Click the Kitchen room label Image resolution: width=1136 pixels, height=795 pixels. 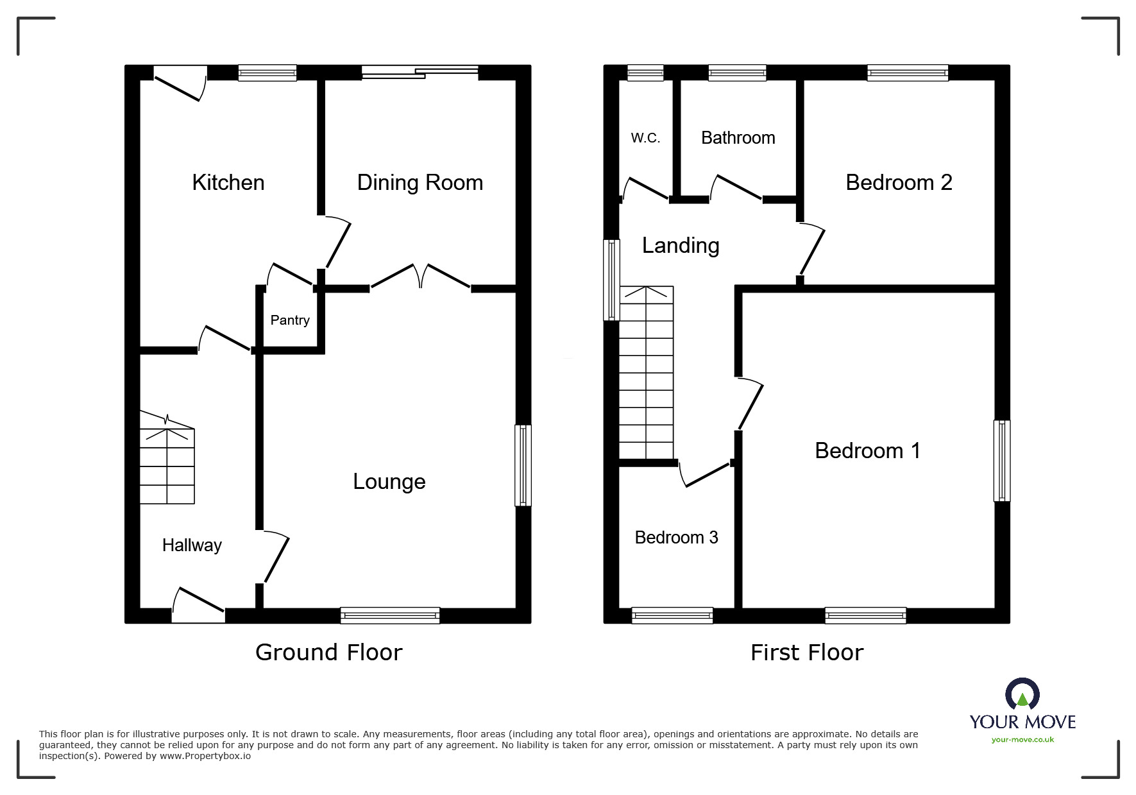click(228, 183)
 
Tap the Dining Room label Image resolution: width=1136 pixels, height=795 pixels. click(420, 183)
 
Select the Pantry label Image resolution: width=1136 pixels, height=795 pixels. click(289, 320)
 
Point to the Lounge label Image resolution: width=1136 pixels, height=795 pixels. click(389, 482)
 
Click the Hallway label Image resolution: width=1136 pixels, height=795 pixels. click(191, 545)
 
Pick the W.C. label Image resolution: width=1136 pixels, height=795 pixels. click(645, 138)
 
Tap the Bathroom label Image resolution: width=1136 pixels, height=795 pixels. click(738, 138)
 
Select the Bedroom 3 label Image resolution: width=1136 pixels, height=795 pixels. click(676, 538)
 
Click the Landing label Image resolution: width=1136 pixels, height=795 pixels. click(680, 246)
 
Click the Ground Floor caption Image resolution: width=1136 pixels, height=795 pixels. click(328, 653)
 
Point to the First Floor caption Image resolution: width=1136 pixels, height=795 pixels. click(806, 653)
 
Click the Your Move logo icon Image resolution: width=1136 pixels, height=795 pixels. click(1022, 696)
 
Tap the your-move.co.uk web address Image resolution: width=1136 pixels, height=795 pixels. click(1022, 740)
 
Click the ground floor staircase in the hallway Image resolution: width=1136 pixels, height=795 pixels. click(167, 459)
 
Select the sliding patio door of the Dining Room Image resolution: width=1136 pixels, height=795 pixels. click(420, 73)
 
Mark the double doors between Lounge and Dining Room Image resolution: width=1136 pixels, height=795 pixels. click(420, 277)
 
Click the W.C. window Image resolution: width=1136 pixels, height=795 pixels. click(645, 73)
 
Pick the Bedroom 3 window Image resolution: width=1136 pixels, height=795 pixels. click(672, 615)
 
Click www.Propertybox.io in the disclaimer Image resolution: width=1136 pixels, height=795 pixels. click(205, 756)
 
